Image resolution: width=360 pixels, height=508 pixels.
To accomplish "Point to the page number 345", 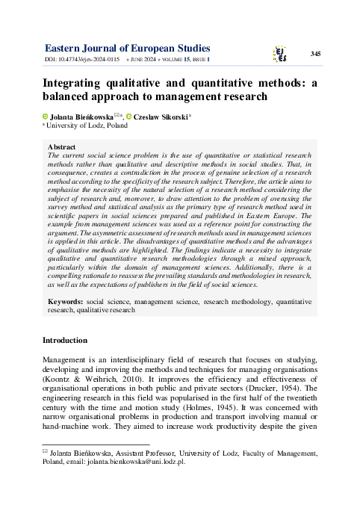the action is pyautogui.click(x=315, y=54).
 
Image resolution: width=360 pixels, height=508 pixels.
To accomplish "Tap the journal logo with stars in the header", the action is pyautogui.click(x=280, y=52).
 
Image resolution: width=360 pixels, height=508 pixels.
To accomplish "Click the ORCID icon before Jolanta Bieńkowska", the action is pyautogui.click(x=45, y=117).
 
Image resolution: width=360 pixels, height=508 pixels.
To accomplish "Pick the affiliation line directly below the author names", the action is pyautogui.click(x=87, y=126).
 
